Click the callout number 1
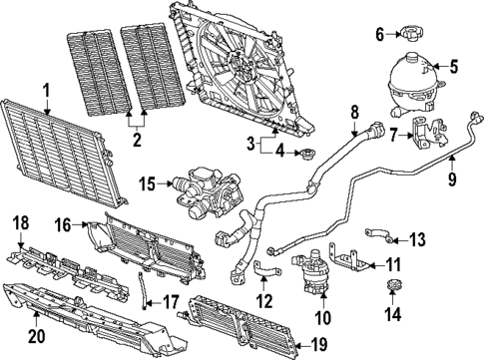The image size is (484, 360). click(x=46, y=92)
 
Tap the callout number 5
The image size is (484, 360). click(x=453, y=68)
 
